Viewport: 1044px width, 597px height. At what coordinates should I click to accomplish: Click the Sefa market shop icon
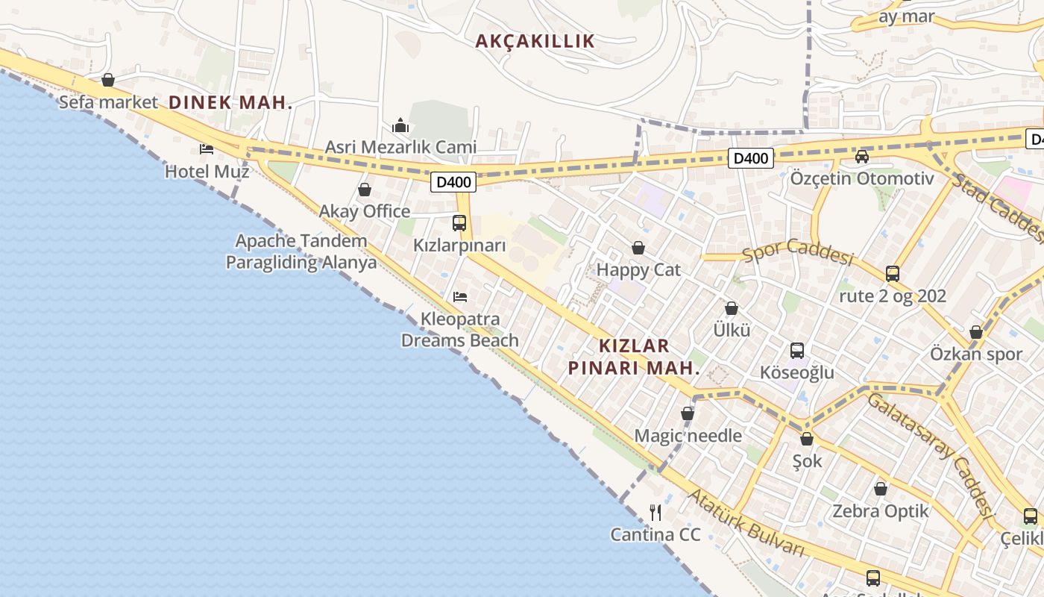point(108,80)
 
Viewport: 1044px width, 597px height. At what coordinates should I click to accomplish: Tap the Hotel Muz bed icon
point(207,149)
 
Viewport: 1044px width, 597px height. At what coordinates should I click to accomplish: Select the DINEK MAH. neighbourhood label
point(230,103)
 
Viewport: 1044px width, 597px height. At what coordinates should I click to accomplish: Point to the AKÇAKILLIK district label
point(535,41)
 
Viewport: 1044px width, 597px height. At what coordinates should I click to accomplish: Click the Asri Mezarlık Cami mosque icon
point(400,125)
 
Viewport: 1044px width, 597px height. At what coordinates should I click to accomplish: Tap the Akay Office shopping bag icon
point(365,190)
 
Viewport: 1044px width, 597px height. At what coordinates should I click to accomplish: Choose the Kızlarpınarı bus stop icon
point(459,222)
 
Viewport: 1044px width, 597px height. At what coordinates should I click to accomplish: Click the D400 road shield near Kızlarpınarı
point(453,181)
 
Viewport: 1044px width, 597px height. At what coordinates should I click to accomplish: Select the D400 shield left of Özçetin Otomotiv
point(751,158)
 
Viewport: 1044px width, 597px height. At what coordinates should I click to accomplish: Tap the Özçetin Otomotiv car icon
point(862,156)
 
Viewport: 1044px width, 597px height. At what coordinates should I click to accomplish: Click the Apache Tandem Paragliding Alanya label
point(301,251)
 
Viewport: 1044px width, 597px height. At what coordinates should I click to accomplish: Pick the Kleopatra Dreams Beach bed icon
point(460,297)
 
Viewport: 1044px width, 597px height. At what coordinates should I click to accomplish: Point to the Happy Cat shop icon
point(638,248)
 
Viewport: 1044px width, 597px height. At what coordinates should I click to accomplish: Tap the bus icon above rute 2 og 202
point(893,274)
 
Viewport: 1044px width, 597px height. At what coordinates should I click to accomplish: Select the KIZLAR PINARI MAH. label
point(634,357)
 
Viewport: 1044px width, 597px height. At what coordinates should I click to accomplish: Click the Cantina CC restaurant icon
point(655,512)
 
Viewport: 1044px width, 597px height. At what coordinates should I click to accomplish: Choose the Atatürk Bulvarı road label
point(746,523)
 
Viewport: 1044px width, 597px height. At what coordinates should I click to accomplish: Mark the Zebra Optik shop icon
point(881,489)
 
